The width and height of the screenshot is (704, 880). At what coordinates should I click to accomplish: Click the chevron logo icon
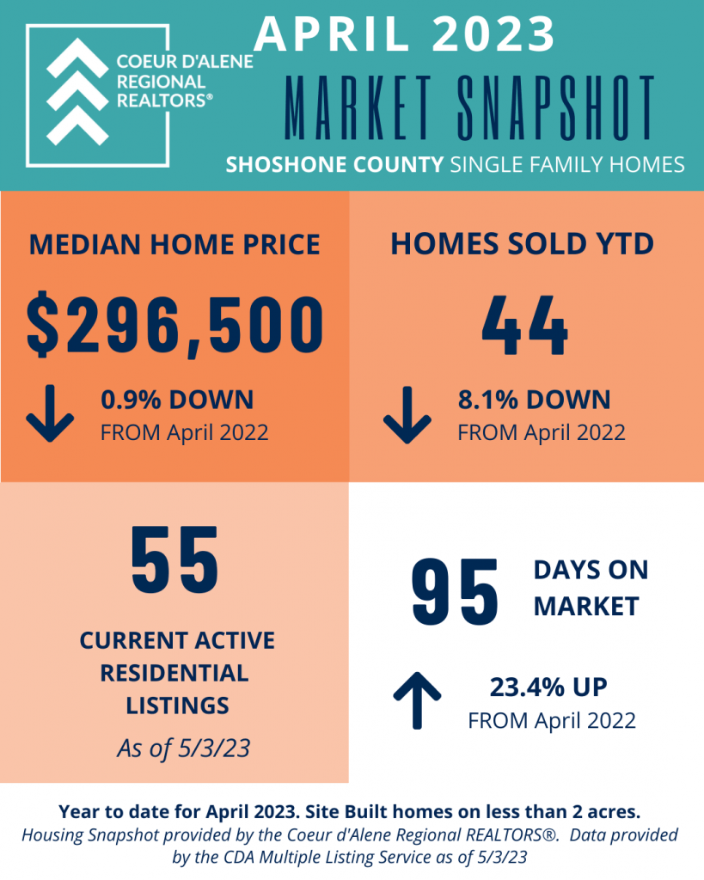coord(77,91)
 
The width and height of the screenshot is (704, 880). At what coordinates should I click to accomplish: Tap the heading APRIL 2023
coord(405,34)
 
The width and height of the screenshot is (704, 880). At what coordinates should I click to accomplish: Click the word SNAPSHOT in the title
coord(556,107)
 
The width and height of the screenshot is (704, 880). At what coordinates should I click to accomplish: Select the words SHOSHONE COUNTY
coord(334,164)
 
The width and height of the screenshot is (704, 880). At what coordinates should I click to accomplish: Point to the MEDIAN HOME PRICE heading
coord(174,245)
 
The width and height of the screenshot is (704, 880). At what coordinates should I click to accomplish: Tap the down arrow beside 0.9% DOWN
coord(50,413)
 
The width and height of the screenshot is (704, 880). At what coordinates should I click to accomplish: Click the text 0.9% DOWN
coord(177,400)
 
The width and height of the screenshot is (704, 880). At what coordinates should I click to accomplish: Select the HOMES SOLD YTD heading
coord(522,244)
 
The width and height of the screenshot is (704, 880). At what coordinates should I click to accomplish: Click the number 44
coord(525,326)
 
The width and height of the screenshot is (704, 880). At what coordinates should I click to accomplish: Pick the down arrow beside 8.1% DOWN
coord(407,415)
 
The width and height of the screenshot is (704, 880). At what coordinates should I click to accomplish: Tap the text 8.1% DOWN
coord(534,400)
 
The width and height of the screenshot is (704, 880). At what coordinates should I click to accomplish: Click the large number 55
coord(174,559)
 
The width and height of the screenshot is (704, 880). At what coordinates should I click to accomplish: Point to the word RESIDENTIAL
coord(174,673)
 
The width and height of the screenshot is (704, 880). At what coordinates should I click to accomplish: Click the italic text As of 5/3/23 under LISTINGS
coord(184,749)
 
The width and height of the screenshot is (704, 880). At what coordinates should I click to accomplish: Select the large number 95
coord(455,592)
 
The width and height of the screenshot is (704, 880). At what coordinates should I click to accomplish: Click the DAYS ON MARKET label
coord(591,588)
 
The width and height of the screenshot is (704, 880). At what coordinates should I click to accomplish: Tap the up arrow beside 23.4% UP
coord(417,700)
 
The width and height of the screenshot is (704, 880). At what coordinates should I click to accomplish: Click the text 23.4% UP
coord(548,687)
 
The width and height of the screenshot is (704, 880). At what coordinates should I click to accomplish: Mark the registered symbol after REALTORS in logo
coord(210,97)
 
